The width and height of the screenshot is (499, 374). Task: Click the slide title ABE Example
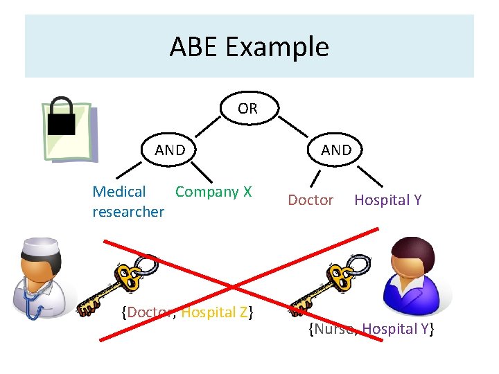pyautogui.click(x=249, y=47)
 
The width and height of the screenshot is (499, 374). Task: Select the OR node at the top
pyautogui.click(x=247, y=108)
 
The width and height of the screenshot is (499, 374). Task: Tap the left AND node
pyautogui.click(x=170, y=150)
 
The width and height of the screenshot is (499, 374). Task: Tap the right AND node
pyautogui.click(x=336, y=150)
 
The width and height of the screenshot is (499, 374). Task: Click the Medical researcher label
pyautogui.click(x=128, y=202)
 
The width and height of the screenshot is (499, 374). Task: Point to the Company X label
pyautogui.click(x=213, y=192)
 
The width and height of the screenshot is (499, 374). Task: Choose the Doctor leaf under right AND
pyautogui.click(x=310, y=200)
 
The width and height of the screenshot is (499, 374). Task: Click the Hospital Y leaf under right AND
pyautogui.click(x=387, y=200)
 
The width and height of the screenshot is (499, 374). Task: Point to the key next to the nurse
pyautogui.click(x=326, y=287)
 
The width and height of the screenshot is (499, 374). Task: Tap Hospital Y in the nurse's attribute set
pyautogui.click(x=396, y=329)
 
